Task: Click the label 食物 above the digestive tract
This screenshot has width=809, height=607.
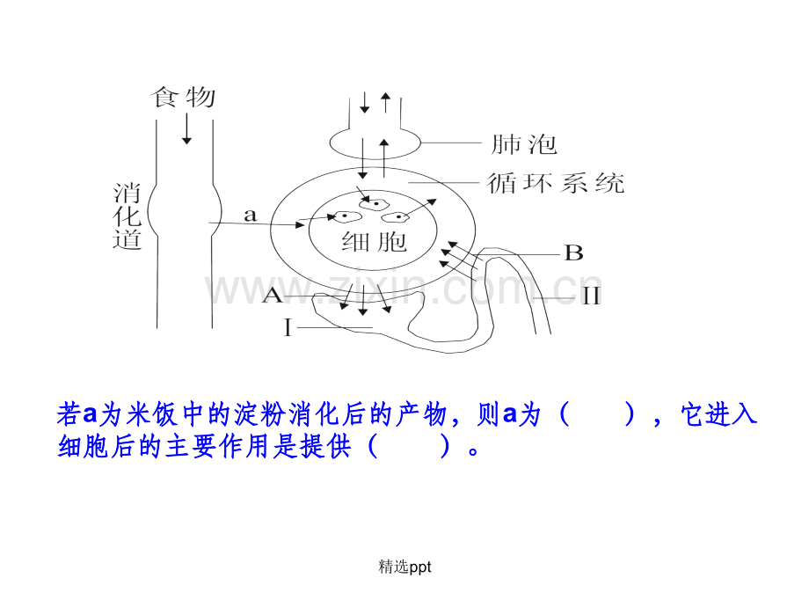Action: (x=183, y=97)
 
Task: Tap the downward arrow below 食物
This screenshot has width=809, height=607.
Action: (x=186, y=128)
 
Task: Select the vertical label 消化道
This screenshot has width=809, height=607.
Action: (x=127, y=216)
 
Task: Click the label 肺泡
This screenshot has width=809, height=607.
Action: (x=524, y=144)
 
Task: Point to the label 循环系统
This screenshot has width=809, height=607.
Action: (x=556, y=183)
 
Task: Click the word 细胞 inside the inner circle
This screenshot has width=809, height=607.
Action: (x=374, y=242)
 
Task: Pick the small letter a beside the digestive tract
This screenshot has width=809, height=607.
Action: (x=250, y=215)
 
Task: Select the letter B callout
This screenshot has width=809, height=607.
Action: (x=573, y=253)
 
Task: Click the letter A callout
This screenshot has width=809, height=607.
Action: (x=273, y=296)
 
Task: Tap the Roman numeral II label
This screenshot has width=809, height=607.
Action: (x=591, y=296)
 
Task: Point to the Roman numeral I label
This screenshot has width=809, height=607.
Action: (x=288, y=327)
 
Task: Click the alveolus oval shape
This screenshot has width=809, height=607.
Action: (x=375, y=143)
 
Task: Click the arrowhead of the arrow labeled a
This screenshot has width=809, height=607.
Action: (x=299, y=224)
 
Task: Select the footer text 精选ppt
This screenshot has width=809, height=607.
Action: (x=404, y=567)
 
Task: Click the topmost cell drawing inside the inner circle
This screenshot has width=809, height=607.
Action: (x=374, y=204)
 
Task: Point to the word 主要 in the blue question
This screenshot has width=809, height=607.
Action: (x=191, y=447)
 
